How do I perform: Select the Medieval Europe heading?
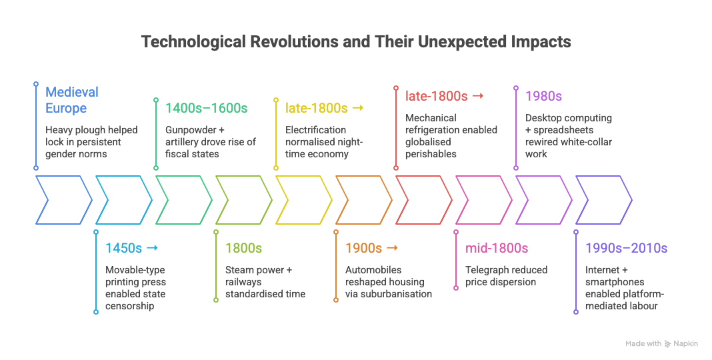72,100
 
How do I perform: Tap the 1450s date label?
124,248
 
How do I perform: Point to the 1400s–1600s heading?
207,108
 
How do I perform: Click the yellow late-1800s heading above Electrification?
317,108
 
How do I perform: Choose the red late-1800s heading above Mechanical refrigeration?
437,96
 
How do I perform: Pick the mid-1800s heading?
497,248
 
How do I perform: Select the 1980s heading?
543,96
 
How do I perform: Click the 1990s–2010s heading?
626,248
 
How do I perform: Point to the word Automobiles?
374,270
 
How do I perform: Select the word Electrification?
316,130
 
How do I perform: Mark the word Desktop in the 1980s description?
543,118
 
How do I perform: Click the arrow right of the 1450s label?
152,248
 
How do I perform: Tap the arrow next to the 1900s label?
392,248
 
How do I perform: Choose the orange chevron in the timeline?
363,199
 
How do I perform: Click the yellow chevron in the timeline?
303,199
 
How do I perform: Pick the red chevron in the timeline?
423,199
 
